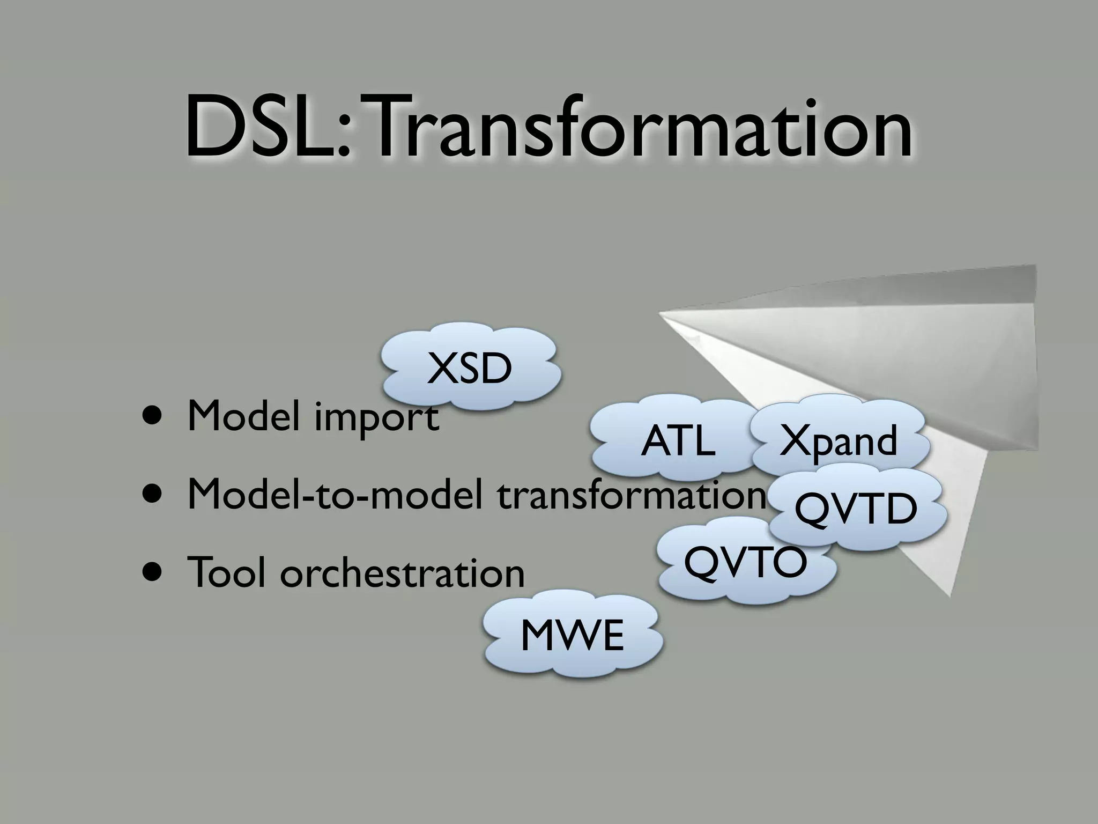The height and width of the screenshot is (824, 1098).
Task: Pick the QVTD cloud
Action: pyautogui.click(x=856, y=510)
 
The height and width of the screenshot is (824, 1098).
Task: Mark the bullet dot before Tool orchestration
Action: pyautogui.click(x=152, y=572)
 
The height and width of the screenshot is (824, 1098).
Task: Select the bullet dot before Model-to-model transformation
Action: pyautogui.click(x=152, y=495)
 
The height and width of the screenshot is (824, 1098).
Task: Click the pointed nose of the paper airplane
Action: pyautogui.click(x=661, y=313)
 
